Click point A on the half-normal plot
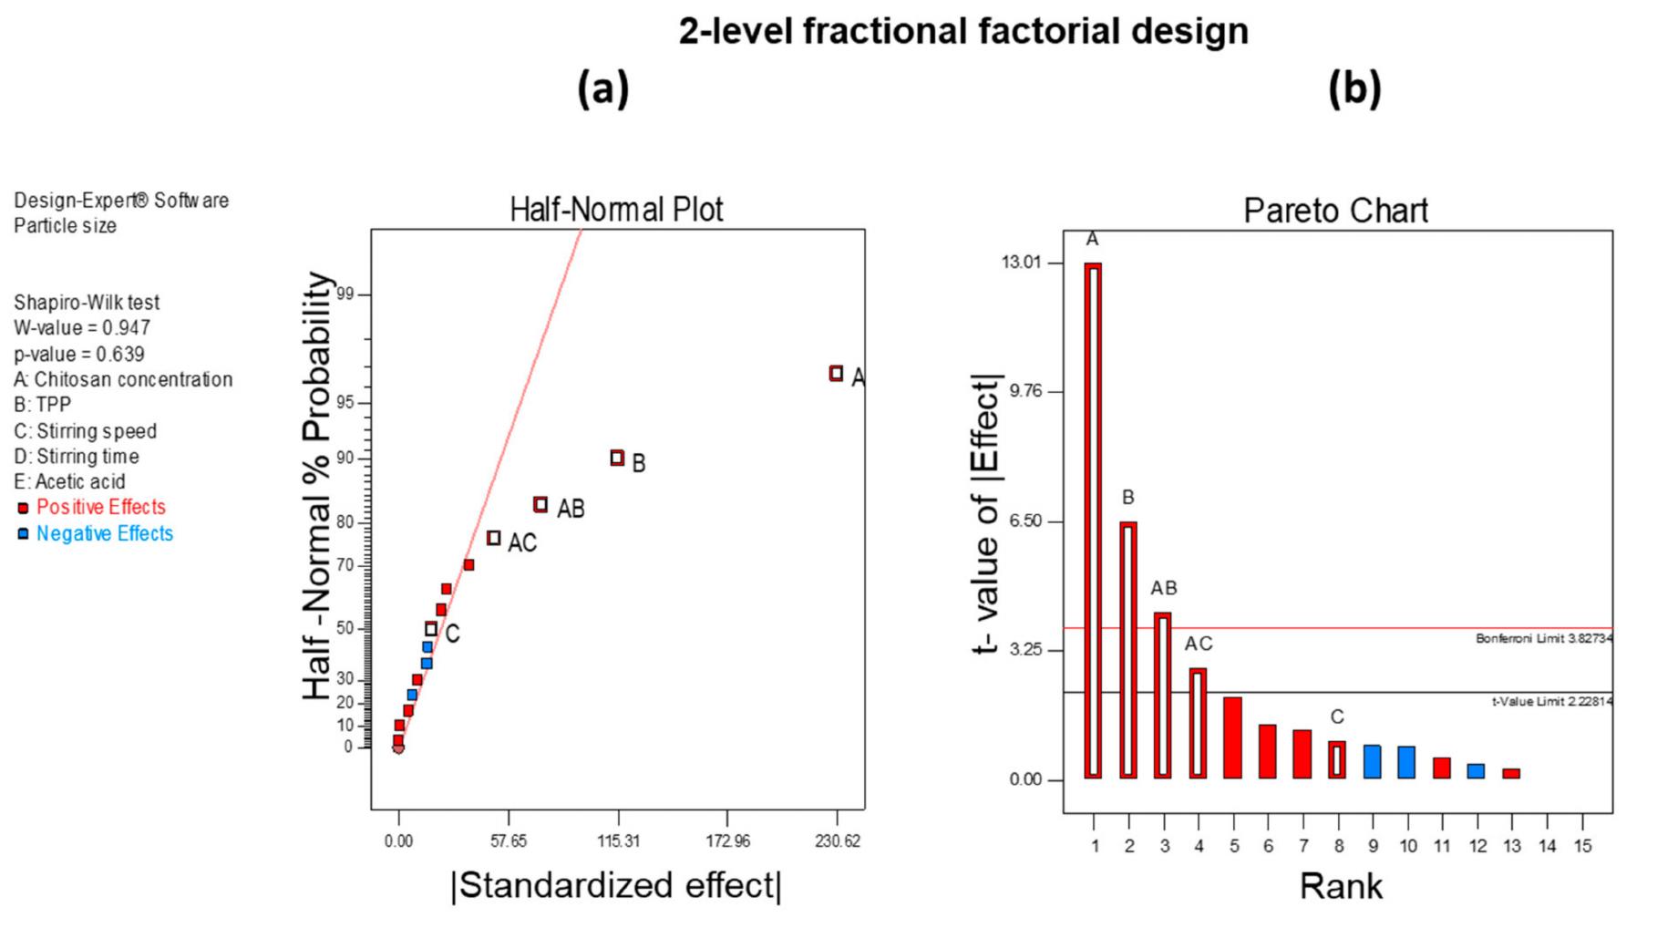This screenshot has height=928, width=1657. [836, 373]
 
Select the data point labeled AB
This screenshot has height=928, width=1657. [540, 504]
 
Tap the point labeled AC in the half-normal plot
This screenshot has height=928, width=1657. [494, 538]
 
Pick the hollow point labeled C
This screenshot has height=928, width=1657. [431, 629]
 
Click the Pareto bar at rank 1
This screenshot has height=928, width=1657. [1093, 521]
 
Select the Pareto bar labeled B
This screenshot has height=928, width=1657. [1128, 650]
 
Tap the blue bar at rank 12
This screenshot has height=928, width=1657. [1476, 771]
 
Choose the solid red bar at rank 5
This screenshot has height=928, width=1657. [1232, 737]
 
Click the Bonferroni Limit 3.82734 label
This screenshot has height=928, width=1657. [1544, 639]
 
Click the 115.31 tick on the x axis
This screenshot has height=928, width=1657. [618, 840]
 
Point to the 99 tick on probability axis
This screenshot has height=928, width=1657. [344, 294]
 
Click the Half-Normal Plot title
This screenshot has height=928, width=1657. [616, 210]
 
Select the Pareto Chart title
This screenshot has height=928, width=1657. [1336, 211]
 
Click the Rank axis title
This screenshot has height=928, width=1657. [1341, 885]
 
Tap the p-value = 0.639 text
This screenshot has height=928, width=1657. [79, 354]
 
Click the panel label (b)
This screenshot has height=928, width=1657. [1354, 89]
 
